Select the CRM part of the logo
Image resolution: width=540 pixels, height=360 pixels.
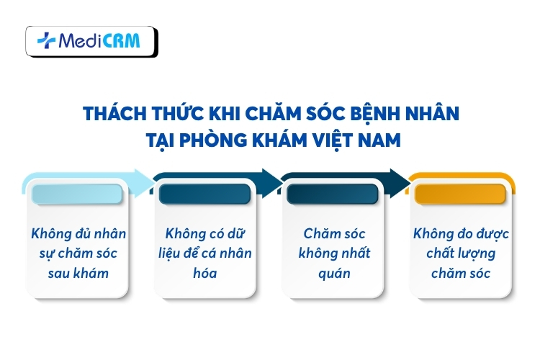click(x=120, y=42)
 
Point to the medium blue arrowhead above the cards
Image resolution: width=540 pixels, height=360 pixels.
click(x=271, y=179)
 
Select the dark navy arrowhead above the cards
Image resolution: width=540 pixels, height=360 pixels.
click(x=398, y=179)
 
